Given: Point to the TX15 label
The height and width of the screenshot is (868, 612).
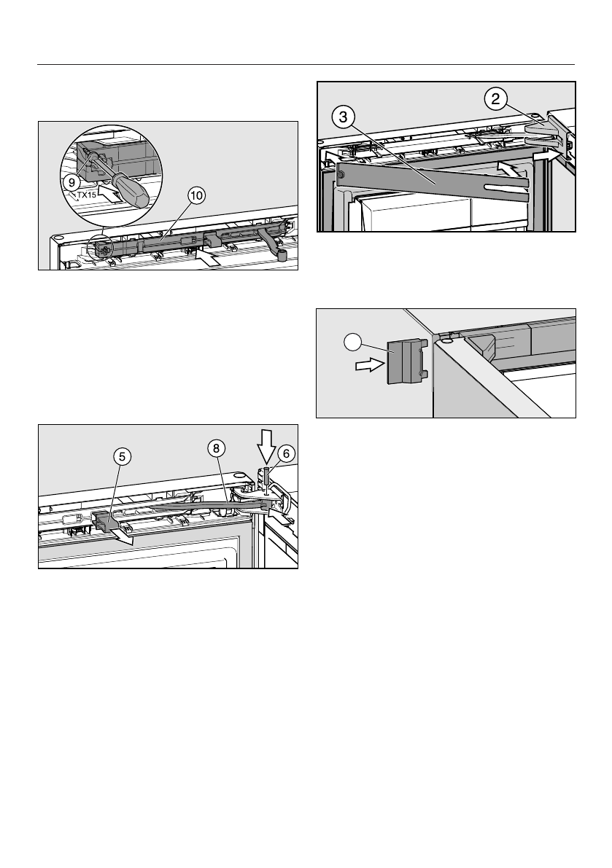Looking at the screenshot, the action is coord(87,195).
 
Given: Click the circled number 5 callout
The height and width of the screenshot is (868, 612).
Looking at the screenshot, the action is coord(122,457).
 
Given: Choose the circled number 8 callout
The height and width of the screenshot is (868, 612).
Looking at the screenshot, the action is coord(215,450).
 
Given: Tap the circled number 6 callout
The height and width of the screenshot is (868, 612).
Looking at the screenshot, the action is coord(286,453).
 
